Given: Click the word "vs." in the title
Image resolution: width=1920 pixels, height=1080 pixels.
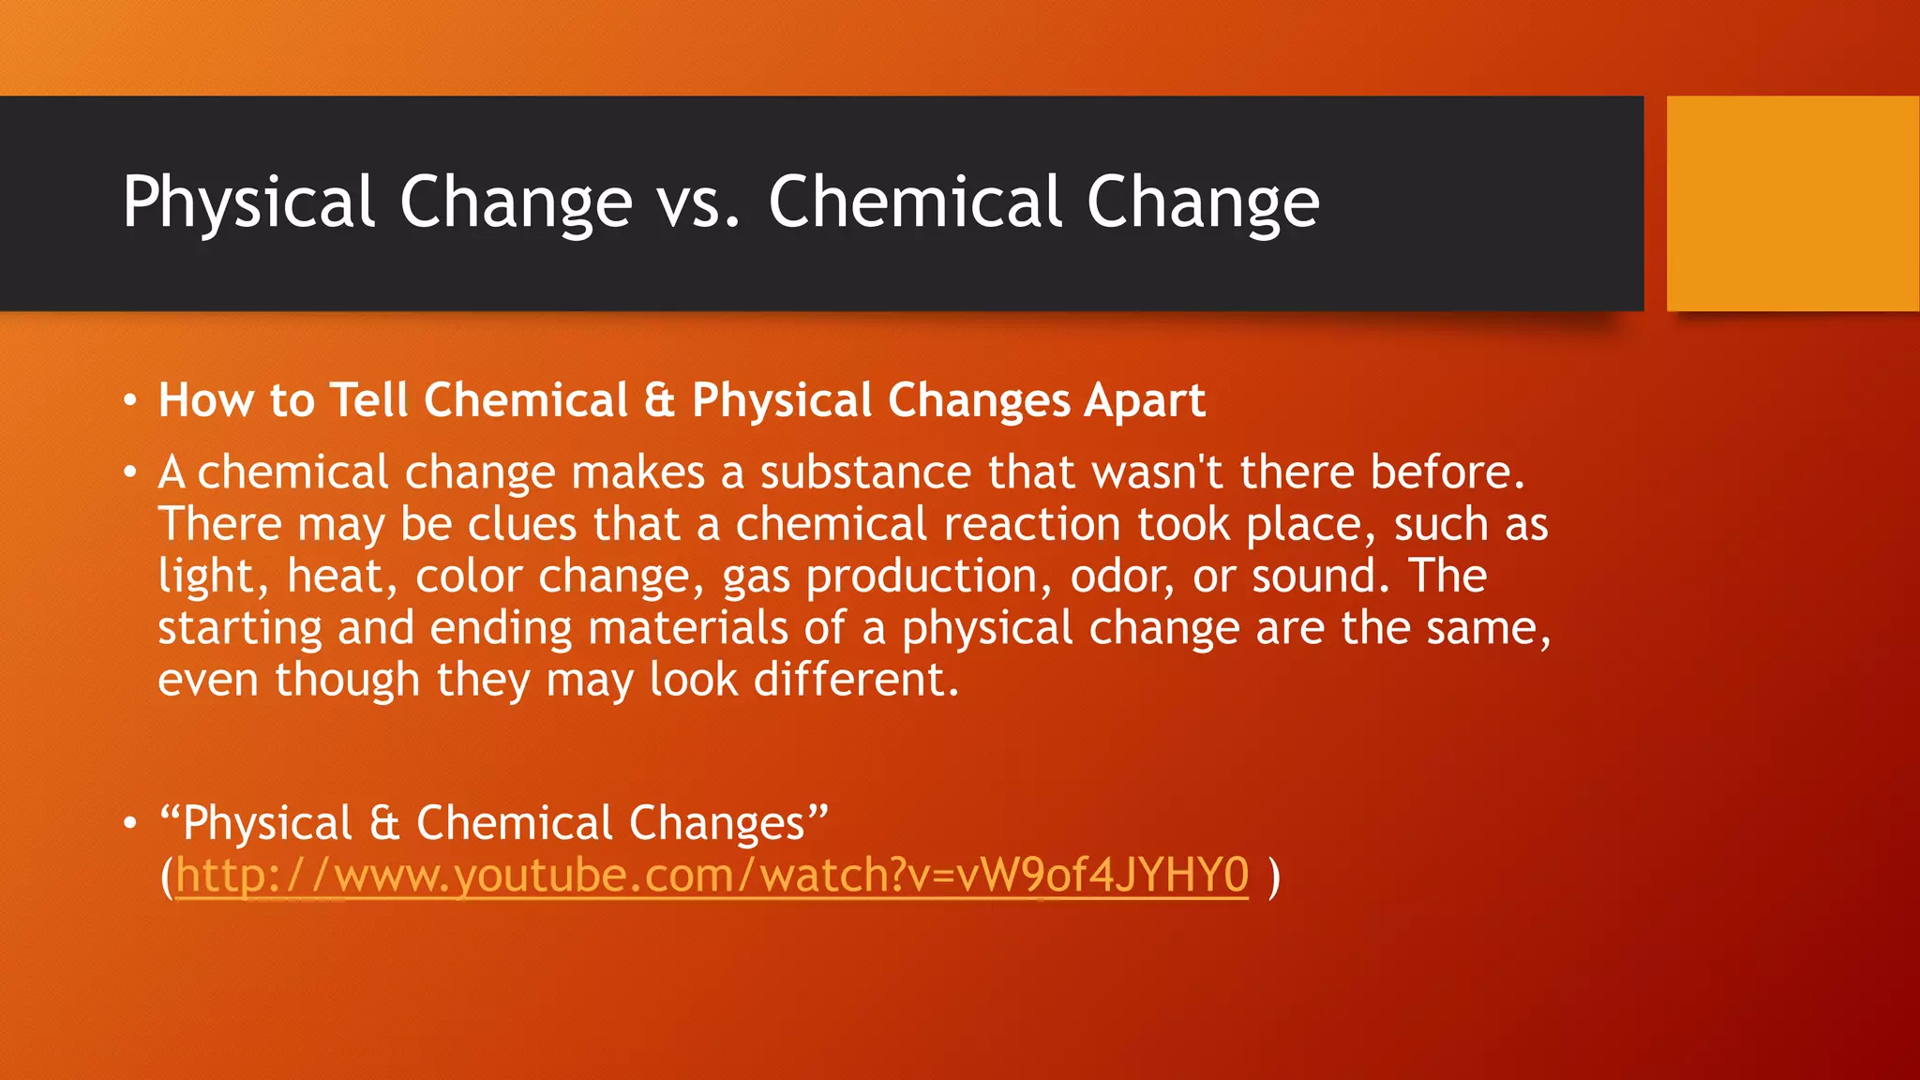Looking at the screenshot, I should pos(698,202).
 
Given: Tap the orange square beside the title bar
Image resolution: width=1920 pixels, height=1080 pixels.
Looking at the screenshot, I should pos(1792,203).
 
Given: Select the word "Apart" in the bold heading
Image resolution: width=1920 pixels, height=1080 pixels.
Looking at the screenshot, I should pos(1145,400).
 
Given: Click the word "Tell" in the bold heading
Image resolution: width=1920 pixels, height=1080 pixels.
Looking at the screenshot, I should pos(368,400).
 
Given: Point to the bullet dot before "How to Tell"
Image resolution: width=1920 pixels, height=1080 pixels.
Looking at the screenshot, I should pos(130,402).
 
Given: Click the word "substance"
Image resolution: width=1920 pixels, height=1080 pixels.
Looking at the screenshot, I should pos(865,472).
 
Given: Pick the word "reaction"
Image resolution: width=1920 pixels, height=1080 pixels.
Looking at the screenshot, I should pos(1032,524).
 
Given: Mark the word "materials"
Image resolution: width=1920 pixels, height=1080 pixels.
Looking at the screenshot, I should pos(687,627).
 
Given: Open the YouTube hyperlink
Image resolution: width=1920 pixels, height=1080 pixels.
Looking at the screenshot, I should pos(712,876).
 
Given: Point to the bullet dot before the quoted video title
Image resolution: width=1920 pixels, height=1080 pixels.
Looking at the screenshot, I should pos(130,824).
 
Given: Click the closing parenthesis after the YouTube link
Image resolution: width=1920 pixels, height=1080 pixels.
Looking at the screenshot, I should pos(1273,876).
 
